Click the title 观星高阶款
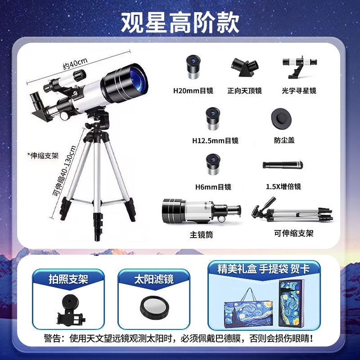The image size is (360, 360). [180, 22]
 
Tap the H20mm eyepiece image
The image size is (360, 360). [193, 67]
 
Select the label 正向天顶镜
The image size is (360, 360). [244, 91]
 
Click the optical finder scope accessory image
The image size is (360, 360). [300, 67]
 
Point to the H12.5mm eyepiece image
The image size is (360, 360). [213, 118]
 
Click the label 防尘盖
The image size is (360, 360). [284, 140]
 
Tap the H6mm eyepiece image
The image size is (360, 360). [213, 164]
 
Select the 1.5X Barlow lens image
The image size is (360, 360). [283, 165]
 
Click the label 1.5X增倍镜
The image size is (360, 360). [283, 186]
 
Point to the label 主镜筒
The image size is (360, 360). [201, 234]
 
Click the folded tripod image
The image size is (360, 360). [292, 211]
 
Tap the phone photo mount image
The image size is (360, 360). [71, 310]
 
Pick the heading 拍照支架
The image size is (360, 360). [68, 279]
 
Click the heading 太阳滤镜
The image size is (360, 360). [154, 279]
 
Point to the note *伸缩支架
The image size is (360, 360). [43, 156]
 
